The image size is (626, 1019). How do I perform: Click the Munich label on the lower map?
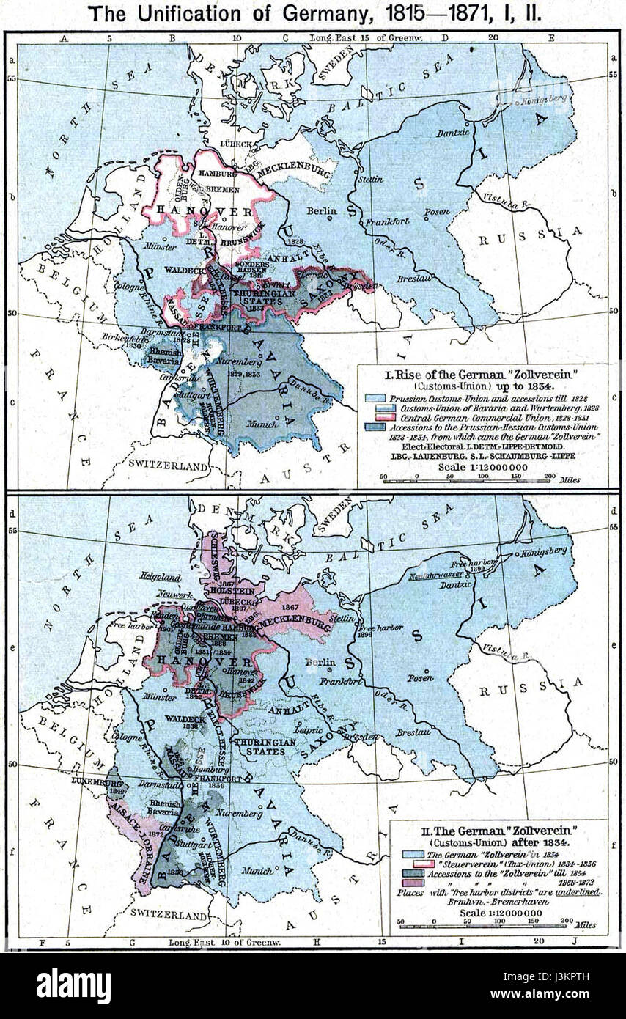(x=262, y=870)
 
